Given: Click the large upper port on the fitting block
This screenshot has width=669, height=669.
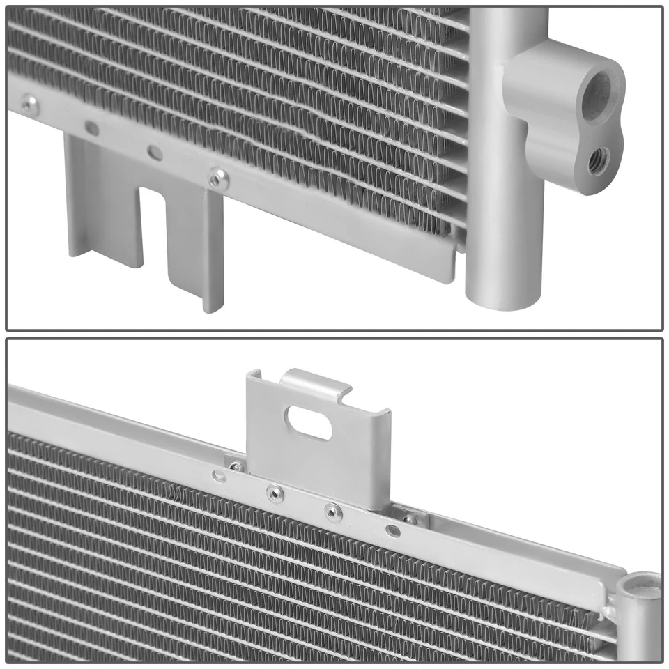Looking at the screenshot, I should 596,93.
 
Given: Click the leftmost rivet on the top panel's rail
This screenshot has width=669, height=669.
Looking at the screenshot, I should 29,105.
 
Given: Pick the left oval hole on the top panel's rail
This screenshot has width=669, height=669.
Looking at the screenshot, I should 91,128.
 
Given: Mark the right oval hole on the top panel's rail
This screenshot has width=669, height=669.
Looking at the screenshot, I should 155,152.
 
